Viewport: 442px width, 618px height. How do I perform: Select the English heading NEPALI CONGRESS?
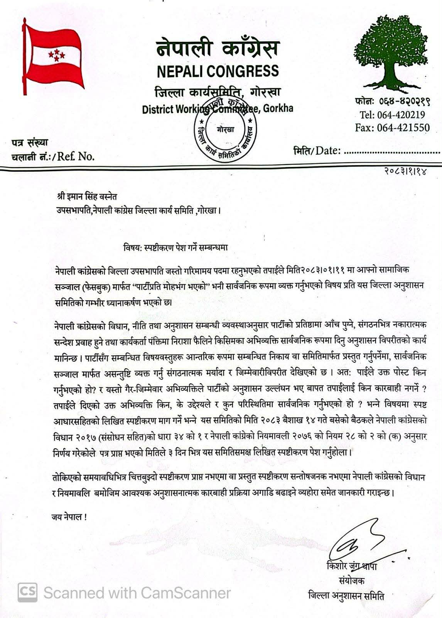pos(218,71)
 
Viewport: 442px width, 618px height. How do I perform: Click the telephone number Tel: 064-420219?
pos(392,115)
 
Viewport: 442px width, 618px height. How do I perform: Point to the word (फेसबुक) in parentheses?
pos(90,286)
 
